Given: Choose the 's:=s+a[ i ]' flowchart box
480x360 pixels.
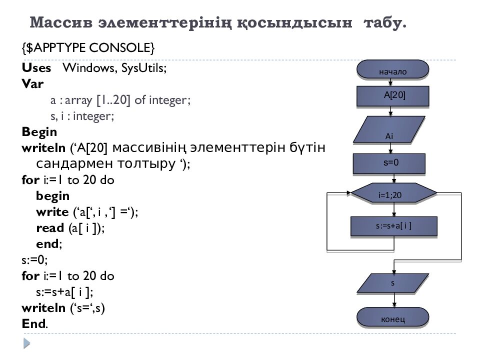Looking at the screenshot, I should (393, 225).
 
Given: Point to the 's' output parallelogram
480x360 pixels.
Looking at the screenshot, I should (392, 283).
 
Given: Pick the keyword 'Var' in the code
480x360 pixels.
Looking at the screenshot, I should (33, 84).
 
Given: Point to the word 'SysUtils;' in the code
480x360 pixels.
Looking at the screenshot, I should (143, 68).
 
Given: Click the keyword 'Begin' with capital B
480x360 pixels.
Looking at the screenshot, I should (39, 132).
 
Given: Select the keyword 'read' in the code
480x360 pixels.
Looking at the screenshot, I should (49, 228).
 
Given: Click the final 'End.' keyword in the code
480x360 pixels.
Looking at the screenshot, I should (35, 323).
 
